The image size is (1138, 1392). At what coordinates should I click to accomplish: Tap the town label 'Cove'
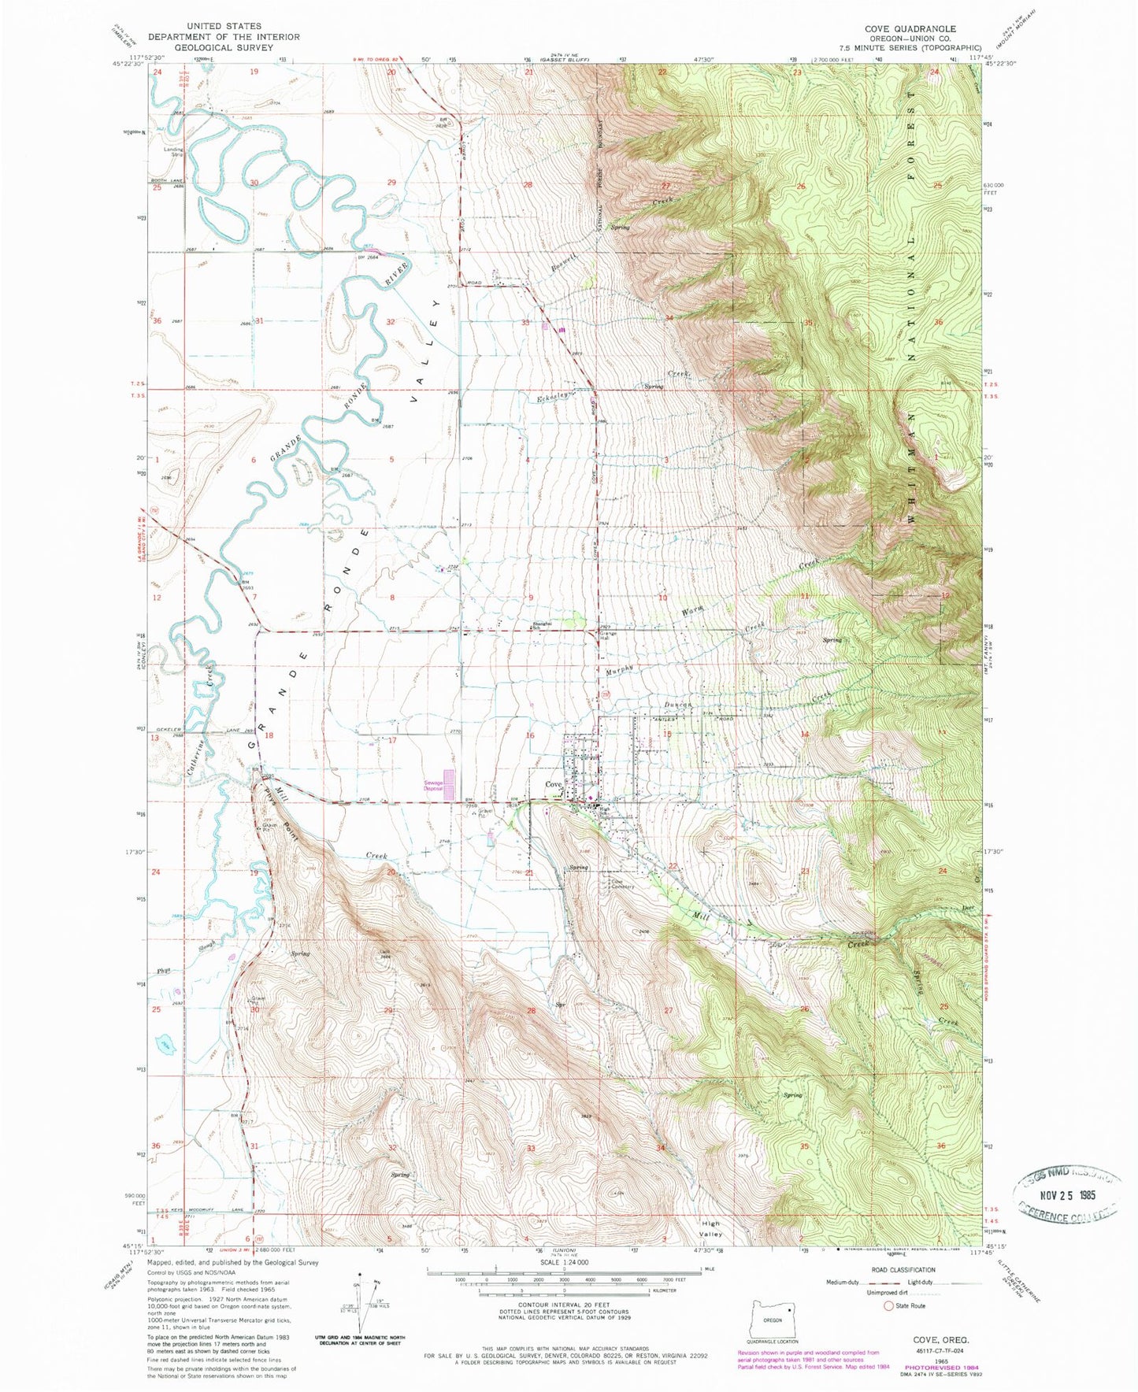[554, 784]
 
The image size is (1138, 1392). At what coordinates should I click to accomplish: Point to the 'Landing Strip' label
[173, 151]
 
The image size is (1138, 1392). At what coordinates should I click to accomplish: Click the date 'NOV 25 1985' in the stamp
[1066, 1195]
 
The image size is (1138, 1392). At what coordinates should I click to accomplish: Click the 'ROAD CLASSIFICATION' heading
[903, 1270]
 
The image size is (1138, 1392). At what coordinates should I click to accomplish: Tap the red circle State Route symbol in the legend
[888, 1305]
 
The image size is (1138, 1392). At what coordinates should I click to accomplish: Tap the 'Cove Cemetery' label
[621, 884]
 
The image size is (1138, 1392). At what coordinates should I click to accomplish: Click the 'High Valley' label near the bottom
[711, 1229]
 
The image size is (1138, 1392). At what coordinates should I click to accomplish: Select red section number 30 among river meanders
[254, 183]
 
